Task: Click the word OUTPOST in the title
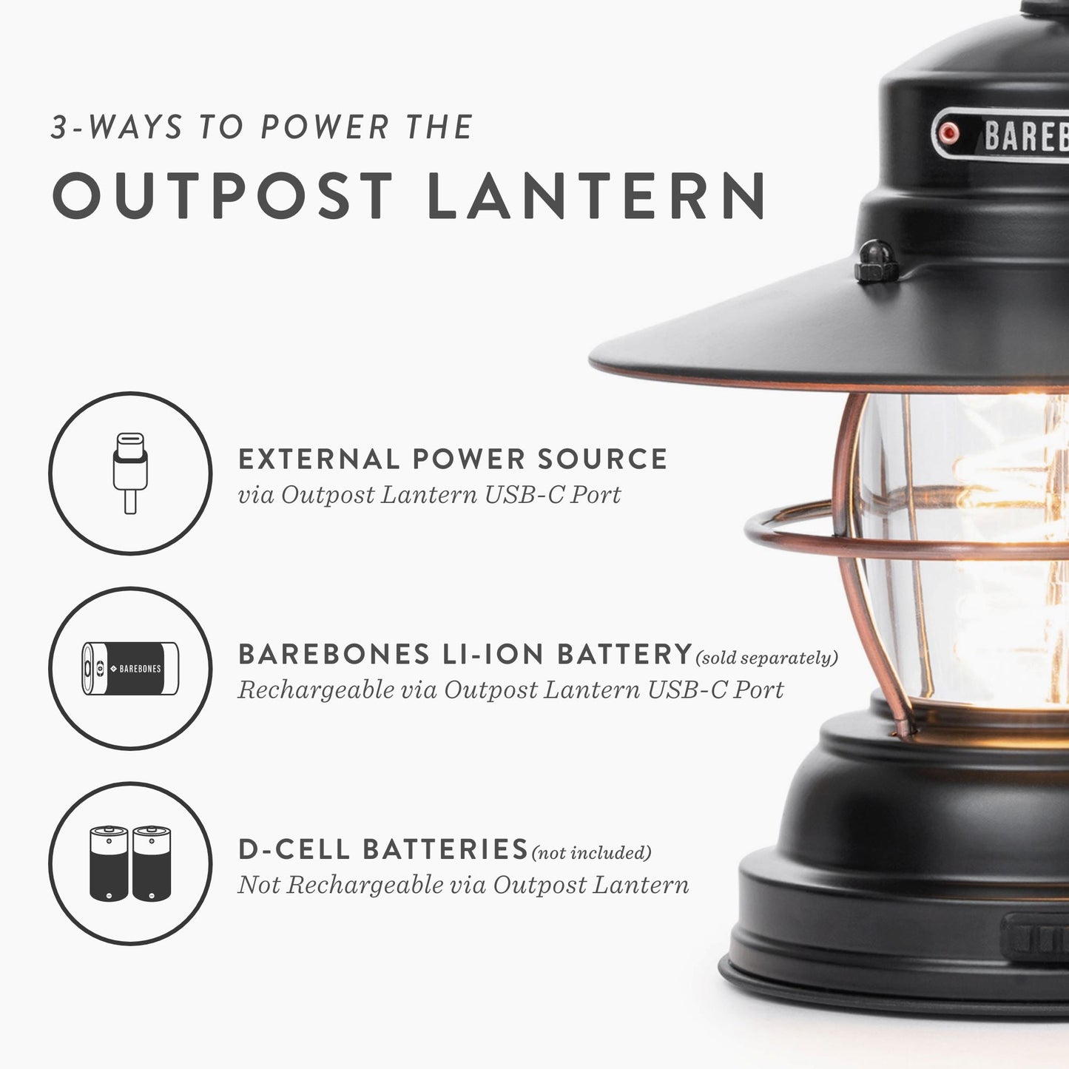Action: tap(222, 195)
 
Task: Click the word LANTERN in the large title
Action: tap(596, 195)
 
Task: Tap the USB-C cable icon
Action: tap(130, 473)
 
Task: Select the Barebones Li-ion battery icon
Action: tap(130, 668)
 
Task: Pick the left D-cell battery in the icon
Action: tap(109, 863)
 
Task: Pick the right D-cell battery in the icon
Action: tap(152, 863)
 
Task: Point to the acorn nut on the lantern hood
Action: tap(877, 262)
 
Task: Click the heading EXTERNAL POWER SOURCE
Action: tap(452, 459)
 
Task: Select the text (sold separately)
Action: tap(766, 658)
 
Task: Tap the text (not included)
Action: tap(591, 853)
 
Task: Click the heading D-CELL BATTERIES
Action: tap(382, 849)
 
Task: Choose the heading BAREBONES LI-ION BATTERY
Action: tap(465, 654)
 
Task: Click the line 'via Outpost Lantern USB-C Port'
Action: tap(429, 494)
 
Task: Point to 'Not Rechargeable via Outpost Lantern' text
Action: tap(463, 885)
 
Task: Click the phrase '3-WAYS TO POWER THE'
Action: tap(262, 127)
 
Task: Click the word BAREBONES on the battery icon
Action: tap(140, 669)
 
